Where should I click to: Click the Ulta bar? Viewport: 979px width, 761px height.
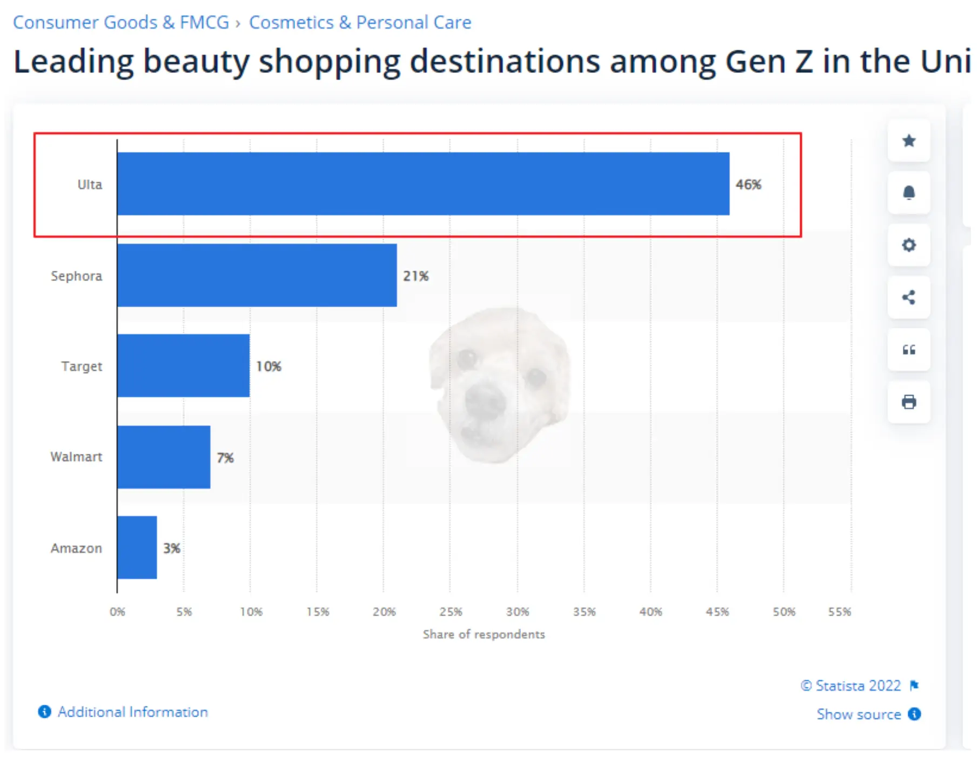coord(423,184)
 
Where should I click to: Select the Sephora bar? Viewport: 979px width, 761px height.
coord(257,275)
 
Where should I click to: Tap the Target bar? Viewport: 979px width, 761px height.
coord(183,365)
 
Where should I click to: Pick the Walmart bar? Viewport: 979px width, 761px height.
coord(164,457)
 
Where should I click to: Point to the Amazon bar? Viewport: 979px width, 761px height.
coord(137,548)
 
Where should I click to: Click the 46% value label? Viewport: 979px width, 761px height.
coord(748,184)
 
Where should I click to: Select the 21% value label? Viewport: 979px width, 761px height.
coord(415,276)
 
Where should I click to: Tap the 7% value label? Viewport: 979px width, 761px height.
coord(225,458)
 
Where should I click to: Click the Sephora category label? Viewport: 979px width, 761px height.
coord(76,276)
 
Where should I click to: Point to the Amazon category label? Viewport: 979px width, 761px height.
coord(76,548)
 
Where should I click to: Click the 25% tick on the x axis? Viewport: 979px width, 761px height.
coord(451,612)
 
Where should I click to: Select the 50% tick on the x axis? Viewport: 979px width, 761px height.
coord(783,612)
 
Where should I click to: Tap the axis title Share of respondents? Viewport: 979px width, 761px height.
coord(484,634)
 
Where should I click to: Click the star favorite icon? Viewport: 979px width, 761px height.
coord(909,141)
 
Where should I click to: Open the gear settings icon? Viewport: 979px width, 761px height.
coord(909,245)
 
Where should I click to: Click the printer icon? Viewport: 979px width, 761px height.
coord(909,402)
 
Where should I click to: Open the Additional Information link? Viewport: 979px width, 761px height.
coord(132,712)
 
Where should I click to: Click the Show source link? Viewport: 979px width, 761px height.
coord(859,714)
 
